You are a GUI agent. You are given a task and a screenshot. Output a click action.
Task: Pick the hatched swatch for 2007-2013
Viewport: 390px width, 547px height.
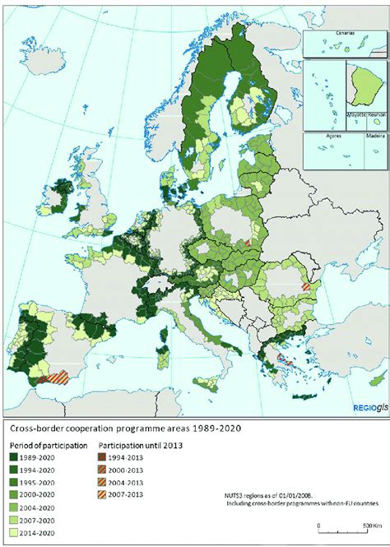coord(117,497)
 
